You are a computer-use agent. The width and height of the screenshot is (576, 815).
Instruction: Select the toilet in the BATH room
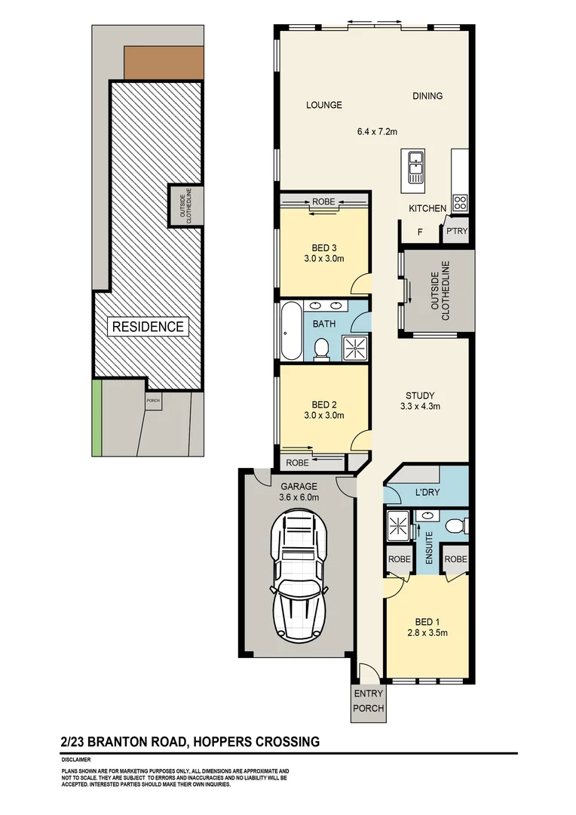(321, 349)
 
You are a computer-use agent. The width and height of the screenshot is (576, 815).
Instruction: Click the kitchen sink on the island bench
(415, 168)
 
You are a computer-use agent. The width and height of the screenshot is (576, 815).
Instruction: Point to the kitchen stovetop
(459, 202)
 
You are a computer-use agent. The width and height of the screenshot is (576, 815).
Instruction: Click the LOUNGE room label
(324, 105)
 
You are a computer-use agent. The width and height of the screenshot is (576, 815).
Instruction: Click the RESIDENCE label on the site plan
(148, 327)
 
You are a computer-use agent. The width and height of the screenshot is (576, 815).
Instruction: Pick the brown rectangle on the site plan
(164, 63)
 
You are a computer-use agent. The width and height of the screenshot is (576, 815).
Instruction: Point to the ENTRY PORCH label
(368, 701)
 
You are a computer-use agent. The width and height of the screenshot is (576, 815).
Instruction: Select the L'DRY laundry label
(427, 493)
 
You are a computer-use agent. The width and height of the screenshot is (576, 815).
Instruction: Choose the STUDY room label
(420, 395)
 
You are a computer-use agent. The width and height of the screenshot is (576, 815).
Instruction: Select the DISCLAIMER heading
(76, 760)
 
